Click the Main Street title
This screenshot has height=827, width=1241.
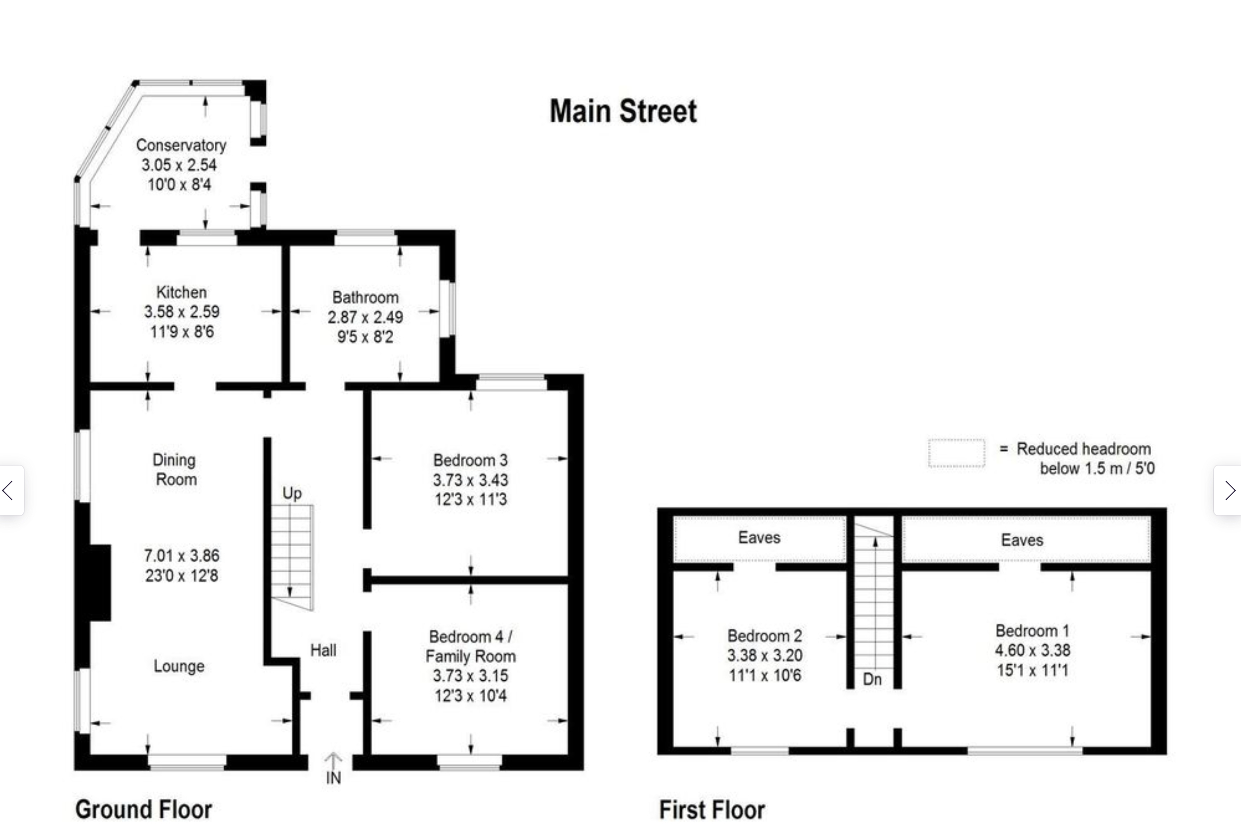point(624,111)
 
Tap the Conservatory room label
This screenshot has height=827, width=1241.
point(181,145)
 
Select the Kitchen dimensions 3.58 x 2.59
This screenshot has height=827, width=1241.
point(182,312)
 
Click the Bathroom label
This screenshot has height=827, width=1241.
point(366,298)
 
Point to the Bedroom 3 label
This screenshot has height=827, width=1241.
point(471,460)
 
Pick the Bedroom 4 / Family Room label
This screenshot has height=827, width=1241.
point(471,646)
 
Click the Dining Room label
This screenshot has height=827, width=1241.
point(175,469)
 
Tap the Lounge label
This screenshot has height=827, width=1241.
point(179,666)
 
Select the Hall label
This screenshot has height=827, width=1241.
point(324,650)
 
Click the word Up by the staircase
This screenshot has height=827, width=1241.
point(292,494)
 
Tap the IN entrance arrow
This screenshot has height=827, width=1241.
point(333,761)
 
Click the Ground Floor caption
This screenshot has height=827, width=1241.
point(144,810)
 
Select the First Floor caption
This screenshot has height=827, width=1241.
point(712,810)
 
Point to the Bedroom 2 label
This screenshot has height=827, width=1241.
point(765,636)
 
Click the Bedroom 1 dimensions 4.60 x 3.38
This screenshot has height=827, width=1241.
point(1032,650)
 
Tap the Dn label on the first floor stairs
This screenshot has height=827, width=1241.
point(872,679)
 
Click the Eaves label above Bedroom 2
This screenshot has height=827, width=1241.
point(759,537)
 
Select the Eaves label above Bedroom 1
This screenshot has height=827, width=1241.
point(1022,540)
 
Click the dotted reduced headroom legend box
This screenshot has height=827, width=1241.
point(956,453)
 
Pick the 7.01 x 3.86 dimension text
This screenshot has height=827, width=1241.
point(182,556)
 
